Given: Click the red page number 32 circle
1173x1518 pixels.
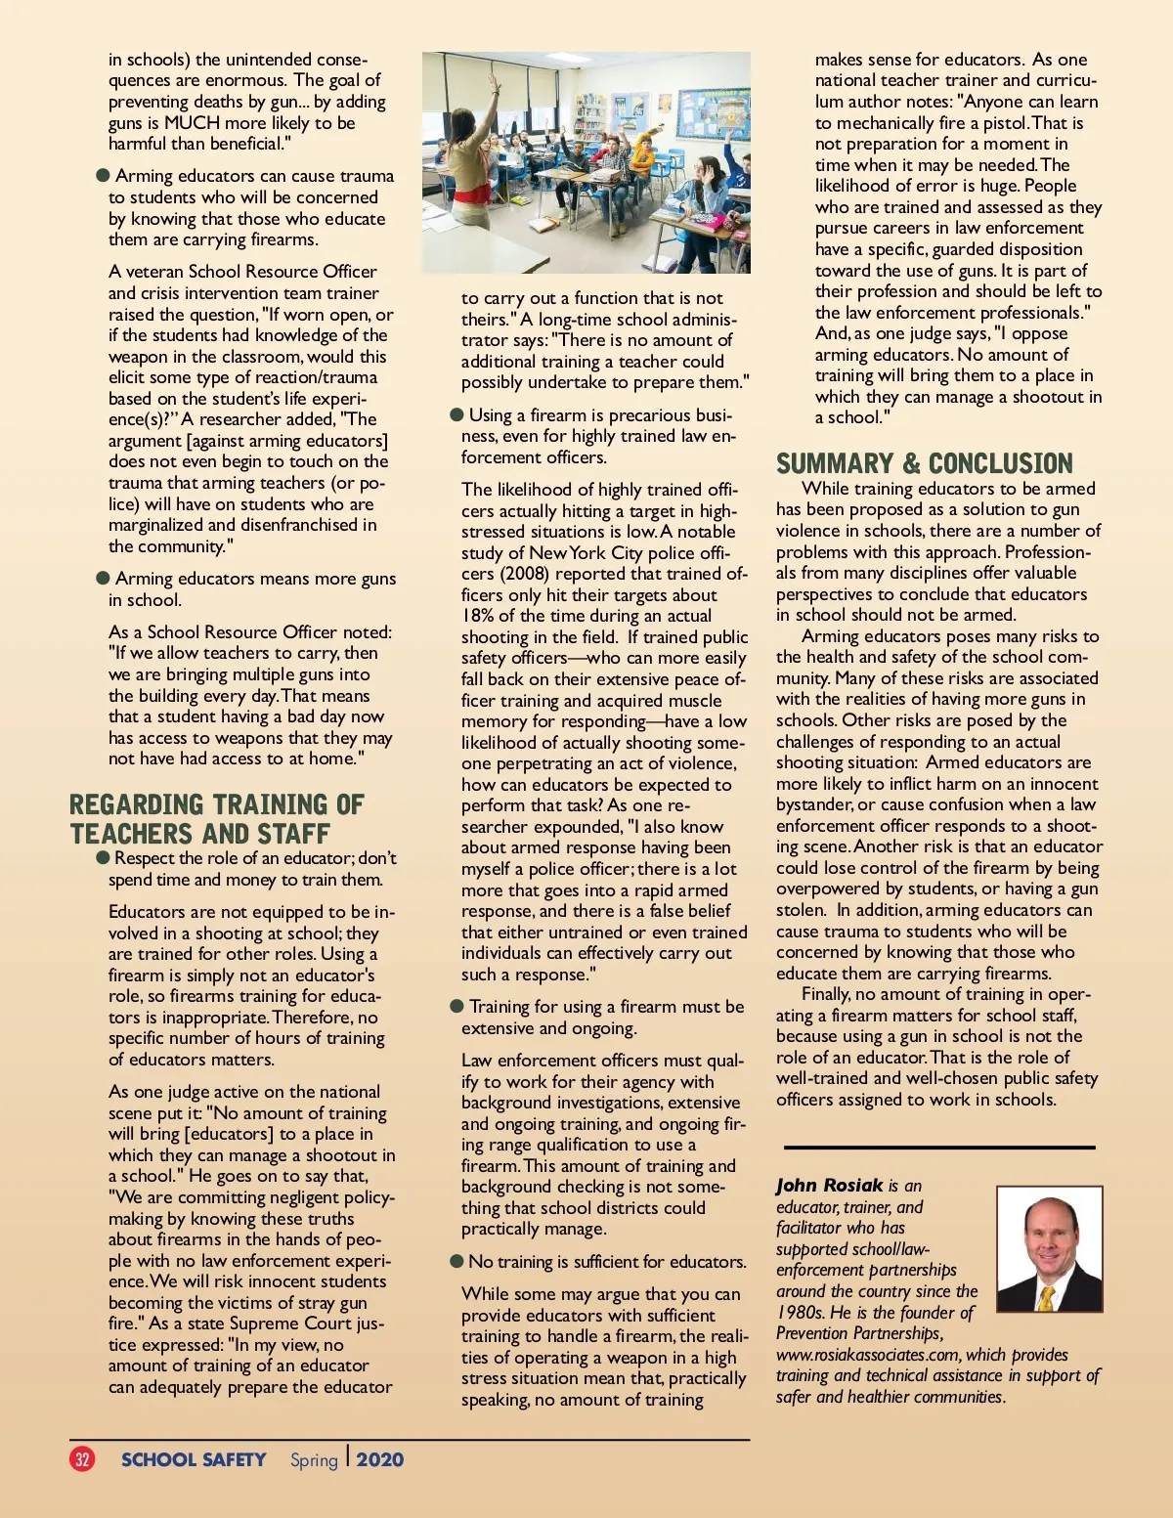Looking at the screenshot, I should (x=82, y=1459).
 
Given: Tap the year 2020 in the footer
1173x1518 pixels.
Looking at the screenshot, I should (x=380, y=1459).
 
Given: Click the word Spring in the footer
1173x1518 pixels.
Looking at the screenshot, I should (x=314, y=1460).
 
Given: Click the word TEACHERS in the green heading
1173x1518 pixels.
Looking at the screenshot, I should (x=132, y=834).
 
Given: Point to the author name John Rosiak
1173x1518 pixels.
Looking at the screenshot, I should (x=829, y=1186).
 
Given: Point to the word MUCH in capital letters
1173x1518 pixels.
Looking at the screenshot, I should (x=192, y=123).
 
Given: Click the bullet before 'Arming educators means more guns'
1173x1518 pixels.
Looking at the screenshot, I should (x=104, y=578).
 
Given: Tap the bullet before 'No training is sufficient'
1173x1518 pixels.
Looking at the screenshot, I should (x=456, y=1261).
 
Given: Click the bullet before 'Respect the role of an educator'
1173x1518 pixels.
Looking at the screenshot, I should (x=103, y=857).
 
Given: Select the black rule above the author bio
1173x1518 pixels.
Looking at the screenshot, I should (x=938, y=1147).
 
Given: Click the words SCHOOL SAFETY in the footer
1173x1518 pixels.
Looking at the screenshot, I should (x=194, y=1459).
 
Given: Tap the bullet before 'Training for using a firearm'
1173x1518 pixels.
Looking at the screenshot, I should (x=456, y=1006).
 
